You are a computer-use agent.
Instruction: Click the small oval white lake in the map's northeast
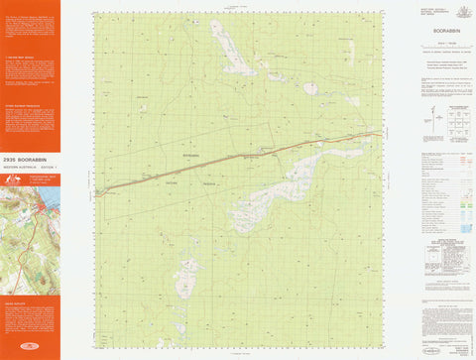point(310,88)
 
